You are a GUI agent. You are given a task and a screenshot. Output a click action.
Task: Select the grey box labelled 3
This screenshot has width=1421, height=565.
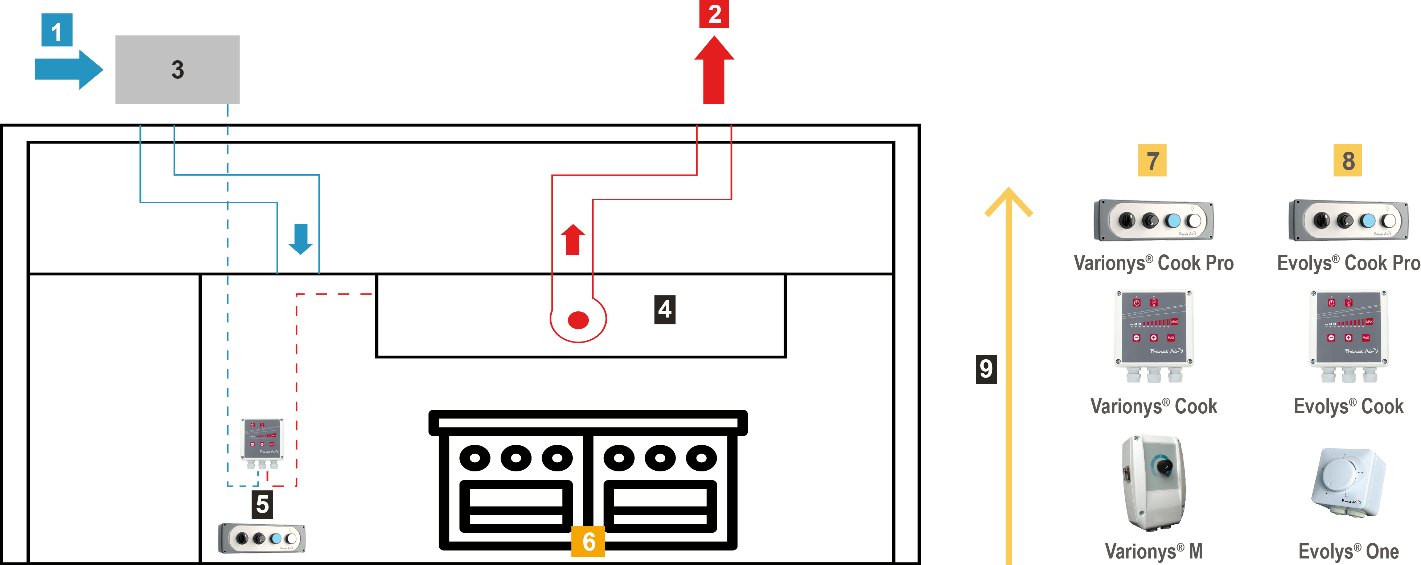177,70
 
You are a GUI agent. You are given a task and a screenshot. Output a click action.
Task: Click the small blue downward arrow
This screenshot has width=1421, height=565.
301,238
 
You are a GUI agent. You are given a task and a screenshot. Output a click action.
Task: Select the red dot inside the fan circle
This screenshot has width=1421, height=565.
578,319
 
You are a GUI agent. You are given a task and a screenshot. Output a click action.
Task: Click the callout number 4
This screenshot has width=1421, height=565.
665,309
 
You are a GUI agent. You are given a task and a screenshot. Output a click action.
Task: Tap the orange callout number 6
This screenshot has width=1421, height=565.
588,541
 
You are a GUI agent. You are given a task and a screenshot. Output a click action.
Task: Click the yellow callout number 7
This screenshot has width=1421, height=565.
1152,160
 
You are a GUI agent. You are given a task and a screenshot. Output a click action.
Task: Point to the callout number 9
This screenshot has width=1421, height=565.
986,369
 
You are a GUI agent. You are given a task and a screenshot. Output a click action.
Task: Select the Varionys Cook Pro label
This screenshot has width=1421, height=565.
1154,263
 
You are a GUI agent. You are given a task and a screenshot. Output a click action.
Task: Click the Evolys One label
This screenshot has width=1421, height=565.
1348,550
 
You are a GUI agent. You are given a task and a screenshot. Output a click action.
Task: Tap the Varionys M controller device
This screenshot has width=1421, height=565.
1154,482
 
